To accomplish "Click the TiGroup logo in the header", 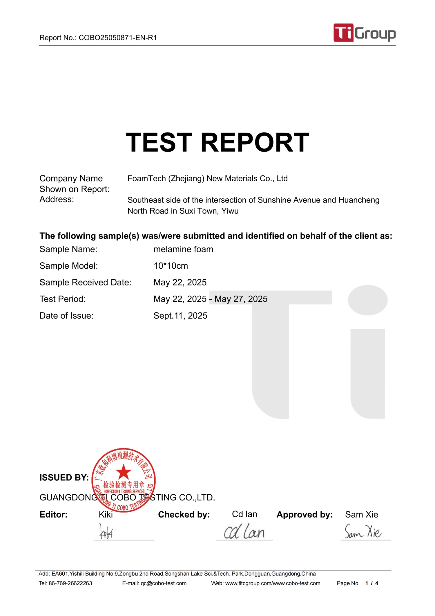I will tap(364, 33).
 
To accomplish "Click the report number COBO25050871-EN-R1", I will tap(117, 38).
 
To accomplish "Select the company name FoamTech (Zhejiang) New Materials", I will tap(207, 178).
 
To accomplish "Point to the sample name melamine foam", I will tap(183, 249).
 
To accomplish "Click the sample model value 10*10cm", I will tap(171, 266).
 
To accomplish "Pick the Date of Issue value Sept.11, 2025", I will tap(180, 316).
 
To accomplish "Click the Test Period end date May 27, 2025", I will tap(241, 299).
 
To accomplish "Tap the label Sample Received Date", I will tap(85, 282).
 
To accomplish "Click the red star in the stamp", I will tap(124, 472).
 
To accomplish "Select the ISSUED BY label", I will tap(64, 478).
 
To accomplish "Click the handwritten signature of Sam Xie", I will tap(363, 531).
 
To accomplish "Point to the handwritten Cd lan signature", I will tap(244, 532).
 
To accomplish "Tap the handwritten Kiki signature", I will tap(106, 531).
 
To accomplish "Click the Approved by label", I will tap(304, 515).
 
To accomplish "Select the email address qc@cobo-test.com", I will tap(164, 583).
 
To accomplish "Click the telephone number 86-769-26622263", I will tap(70, 583).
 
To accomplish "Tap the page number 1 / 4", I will tap(372, 583).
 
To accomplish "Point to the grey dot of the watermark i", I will tap(367, 300).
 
